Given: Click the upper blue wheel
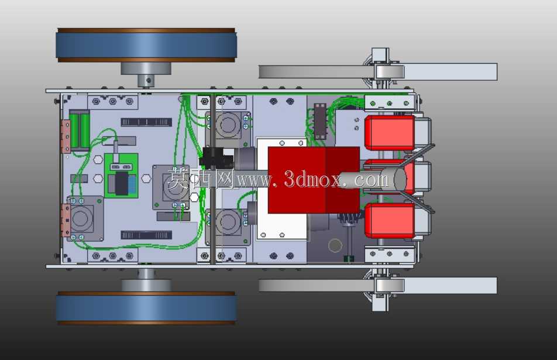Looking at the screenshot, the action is (146, 45).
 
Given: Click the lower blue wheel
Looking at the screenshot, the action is (146, 308).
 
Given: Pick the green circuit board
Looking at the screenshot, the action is (121, 176).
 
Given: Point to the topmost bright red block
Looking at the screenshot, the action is (390, 132).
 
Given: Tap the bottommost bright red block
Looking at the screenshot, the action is (390, 220).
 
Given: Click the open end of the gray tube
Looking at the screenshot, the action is (400, 179).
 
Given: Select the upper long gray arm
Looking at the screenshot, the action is (377, 72).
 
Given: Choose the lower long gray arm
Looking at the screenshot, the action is (377, 286).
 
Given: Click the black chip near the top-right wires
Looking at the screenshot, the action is (320, 121).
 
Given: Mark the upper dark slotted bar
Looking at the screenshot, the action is (146, 122).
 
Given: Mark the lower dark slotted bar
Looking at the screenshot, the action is (146, 235).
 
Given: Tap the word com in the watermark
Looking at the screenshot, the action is (372, 180).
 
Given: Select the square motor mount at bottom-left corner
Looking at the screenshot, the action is (84, 218).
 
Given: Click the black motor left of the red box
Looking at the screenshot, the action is (216, 158).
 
